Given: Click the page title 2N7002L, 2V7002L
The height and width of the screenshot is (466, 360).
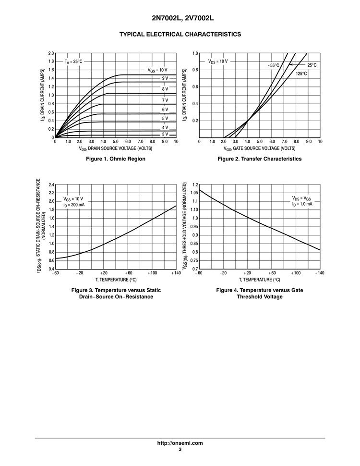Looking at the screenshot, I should click(x=180, y=18).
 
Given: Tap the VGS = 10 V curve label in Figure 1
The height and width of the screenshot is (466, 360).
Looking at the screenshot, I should click(x=157, y=70).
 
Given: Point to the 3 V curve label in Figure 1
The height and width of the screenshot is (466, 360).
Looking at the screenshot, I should click(x=165, y=135).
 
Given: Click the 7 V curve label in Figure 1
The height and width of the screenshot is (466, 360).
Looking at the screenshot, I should click(x=165, y=100).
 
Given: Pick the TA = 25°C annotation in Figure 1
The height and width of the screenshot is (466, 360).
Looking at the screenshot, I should click(x=74, y=62).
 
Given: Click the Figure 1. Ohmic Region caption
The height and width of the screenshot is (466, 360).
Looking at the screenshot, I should click(x=115, y=159).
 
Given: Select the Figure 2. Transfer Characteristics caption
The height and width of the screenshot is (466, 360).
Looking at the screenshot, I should click(x=259, y=159).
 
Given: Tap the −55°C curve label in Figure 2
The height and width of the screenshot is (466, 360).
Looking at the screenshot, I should click(x=273, y=65).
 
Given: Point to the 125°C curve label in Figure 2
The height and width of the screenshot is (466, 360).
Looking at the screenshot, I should click(x=301, y=74).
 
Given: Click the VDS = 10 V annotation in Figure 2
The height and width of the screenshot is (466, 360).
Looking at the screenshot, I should click(x=218, y=61).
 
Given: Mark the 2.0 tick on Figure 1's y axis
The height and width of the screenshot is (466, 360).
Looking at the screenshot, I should click(x=51, y=53).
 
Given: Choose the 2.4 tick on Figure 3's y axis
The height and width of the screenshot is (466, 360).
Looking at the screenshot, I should click(x=51, y=184).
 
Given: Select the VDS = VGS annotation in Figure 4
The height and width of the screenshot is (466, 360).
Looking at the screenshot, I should click(x=301, y=198).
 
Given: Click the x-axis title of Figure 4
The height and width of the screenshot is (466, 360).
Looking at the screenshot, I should click(x=259, y=280).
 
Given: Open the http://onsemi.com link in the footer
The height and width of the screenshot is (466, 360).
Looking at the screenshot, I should click(x=180, y=443).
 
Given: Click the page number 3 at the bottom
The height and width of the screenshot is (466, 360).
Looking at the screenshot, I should click(x=180, y=450).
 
